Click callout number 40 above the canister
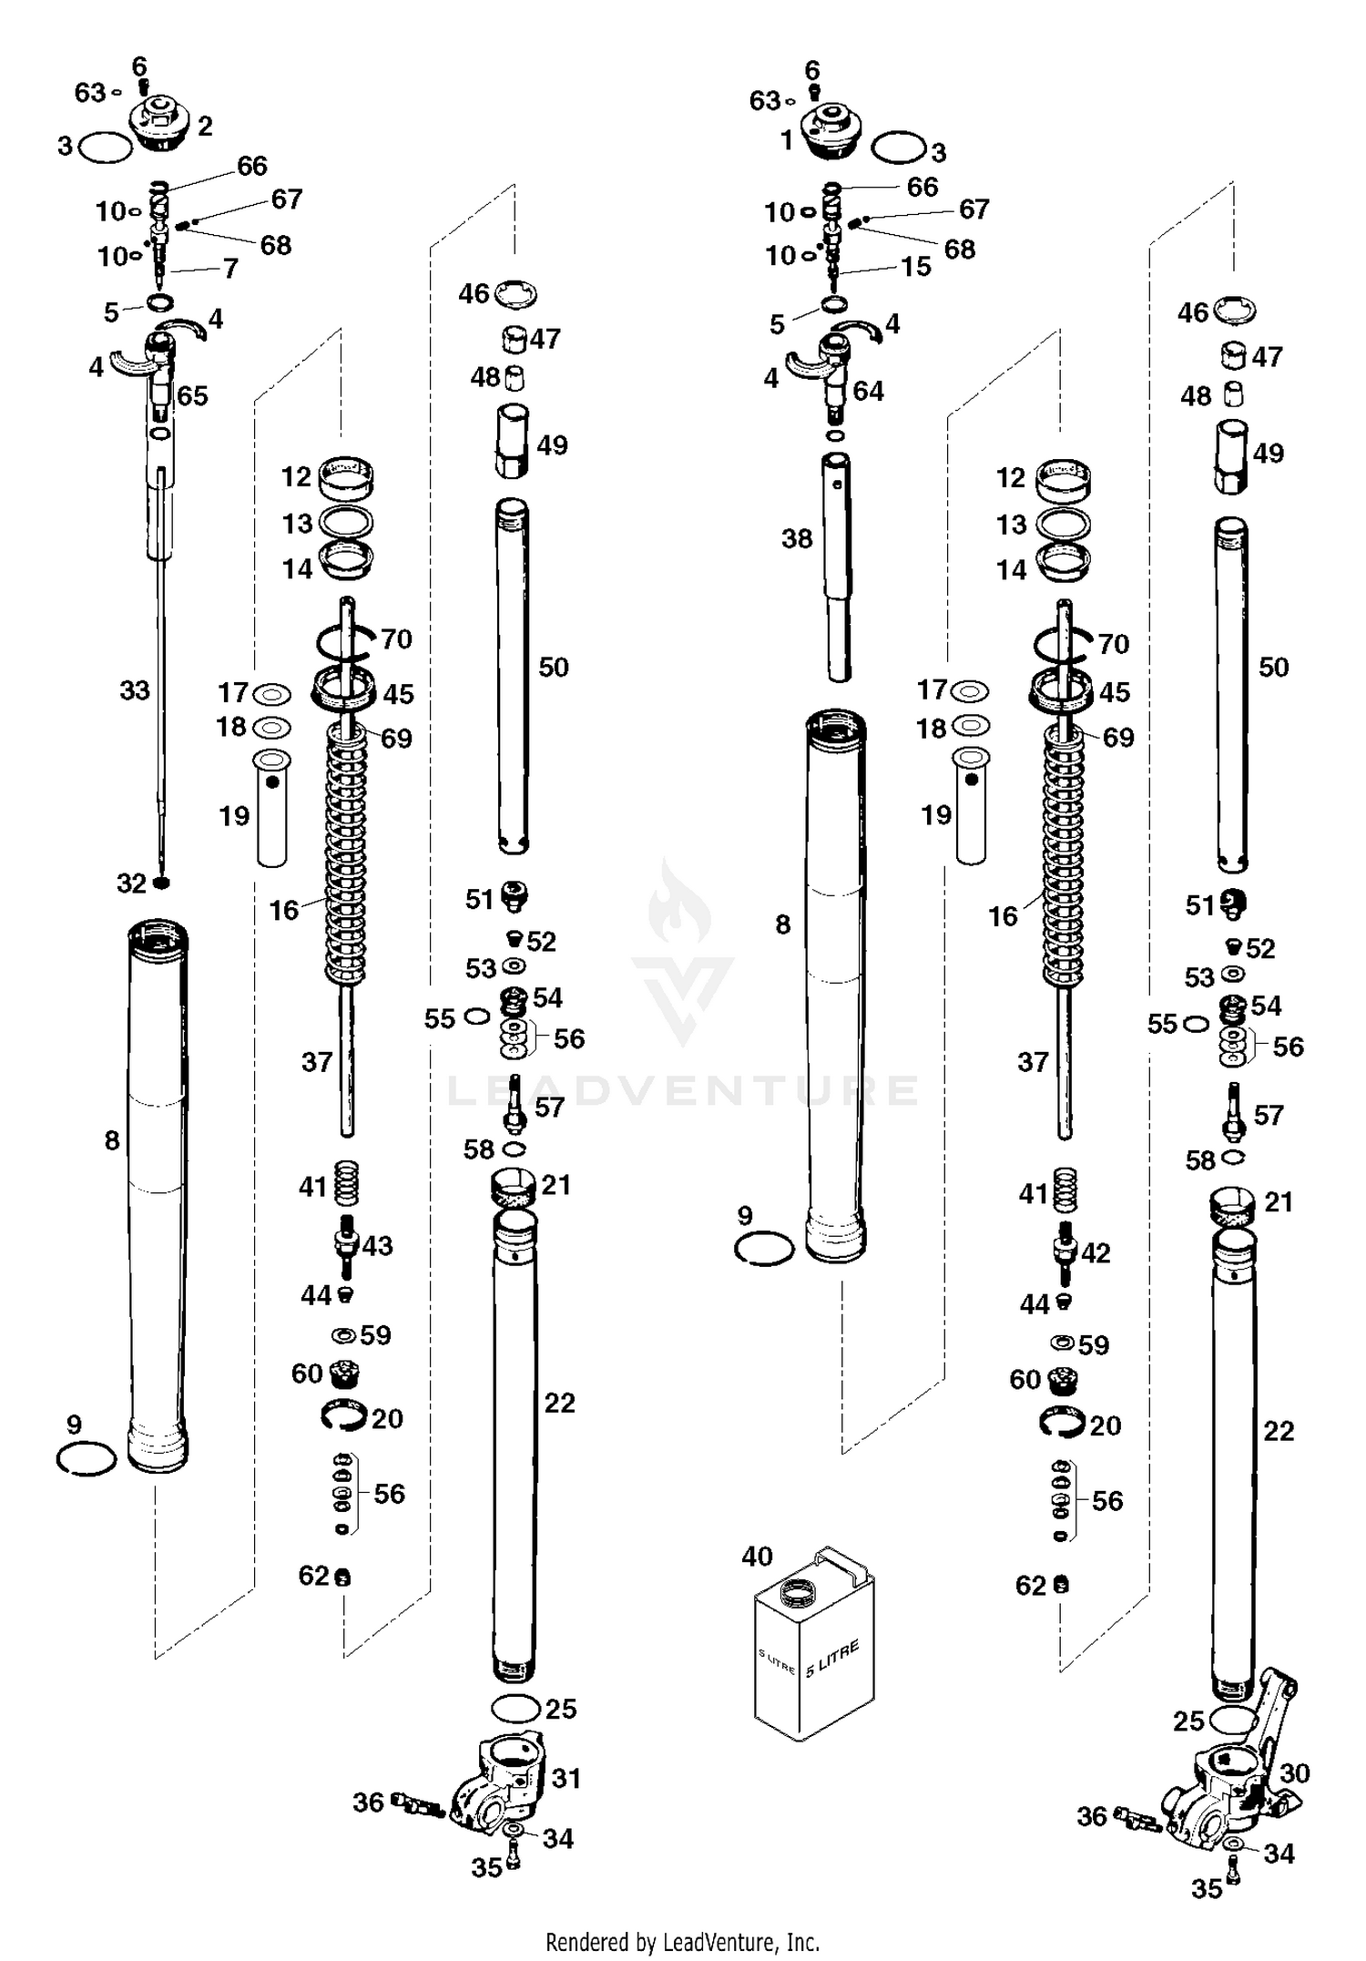click(x=757, y=1557)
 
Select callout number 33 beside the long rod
click(x=135, y=690)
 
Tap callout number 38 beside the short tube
click(x=797, y=538)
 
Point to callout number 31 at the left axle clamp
click(x=566, y=1777)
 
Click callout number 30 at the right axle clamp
click(x=1294, y=1772)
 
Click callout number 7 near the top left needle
click(x=230, y=268)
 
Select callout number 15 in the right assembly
click(x=916, y=266)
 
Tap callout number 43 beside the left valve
click(x=378, y=1245)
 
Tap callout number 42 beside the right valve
click(x=1096, y=1252)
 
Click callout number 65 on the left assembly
click(x=192, y=395)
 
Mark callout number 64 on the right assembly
click(x=868, y=391)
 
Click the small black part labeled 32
click(x=162, y=883)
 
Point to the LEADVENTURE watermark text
click(x=683, y=1090)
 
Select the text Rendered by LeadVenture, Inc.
click(x=682, y=1942)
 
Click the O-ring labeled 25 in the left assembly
click(x=517, y=1708)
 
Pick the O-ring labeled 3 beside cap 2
click(x=106, y=147)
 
